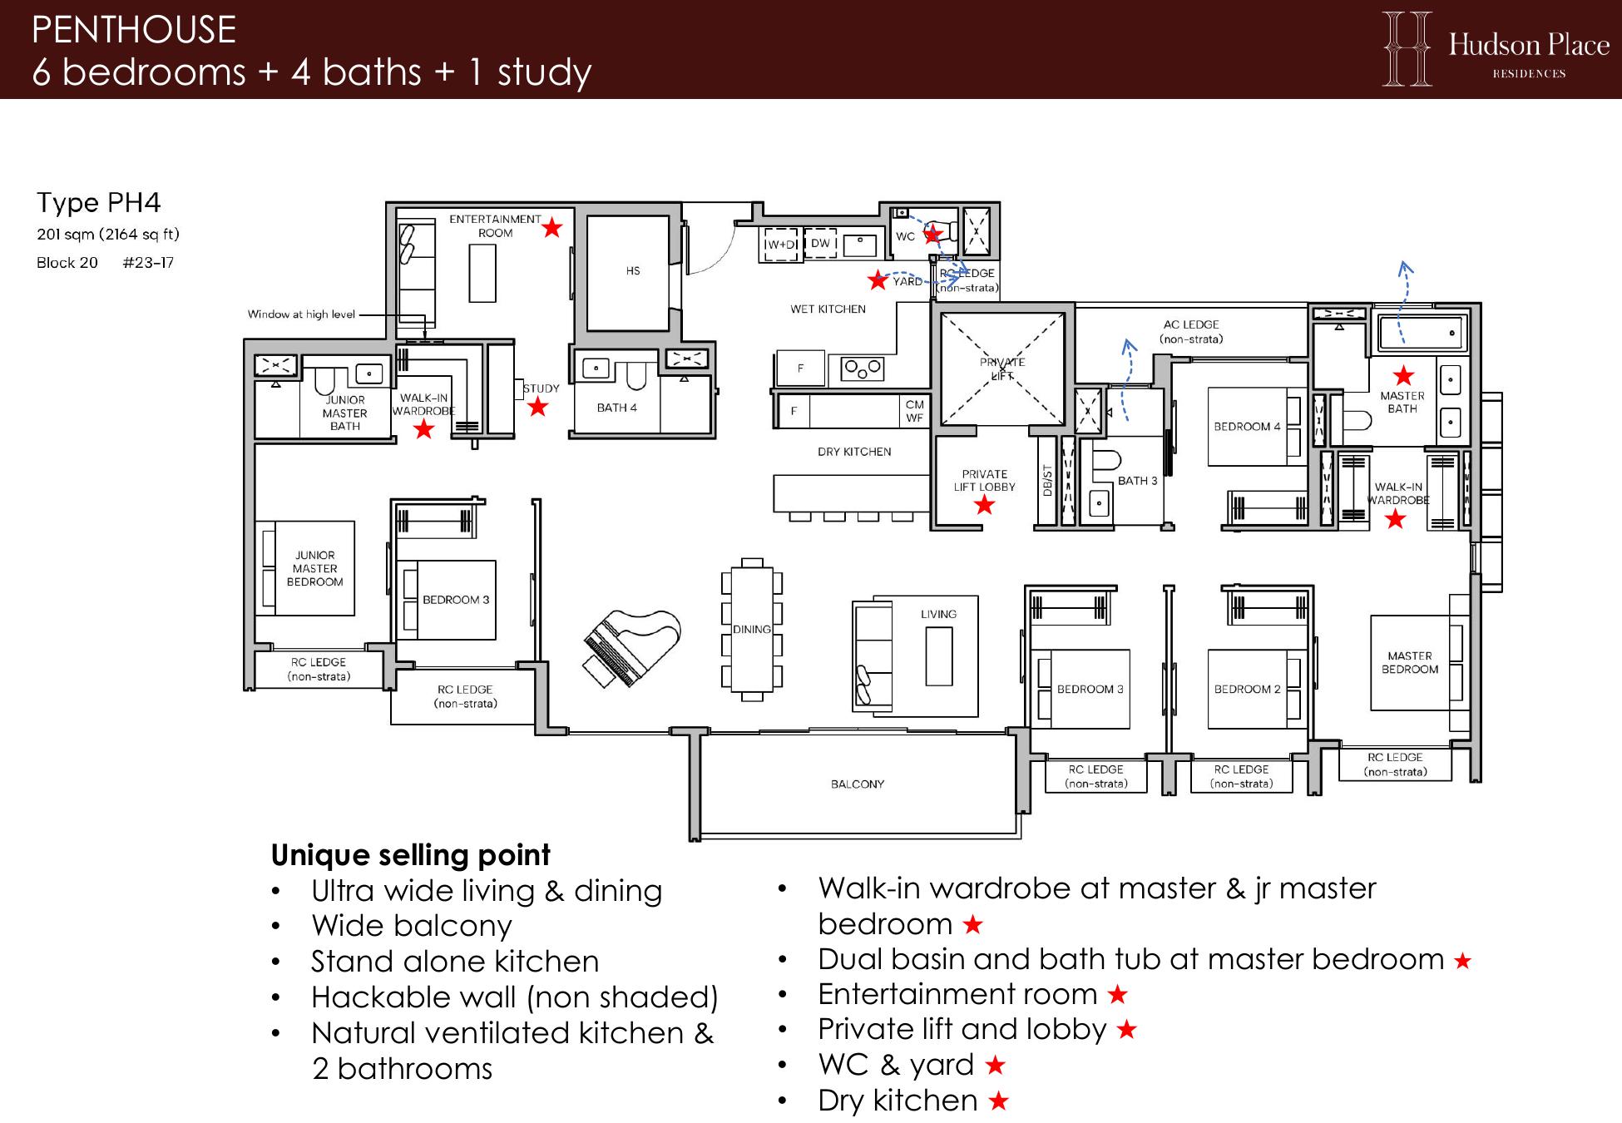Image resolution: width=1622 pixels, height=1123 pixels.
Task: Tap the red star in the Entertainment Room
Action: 552,227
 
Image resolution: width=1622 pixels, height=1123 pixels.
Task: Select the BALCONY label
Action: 858,784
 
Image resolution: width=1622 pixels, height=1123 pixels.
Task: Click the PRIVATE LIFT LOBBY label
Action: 985,480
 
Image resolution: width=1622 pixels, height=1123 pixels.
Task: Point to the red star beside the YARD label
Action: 878,280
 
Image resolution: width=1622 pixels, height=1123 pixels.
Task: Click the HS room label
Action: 633,271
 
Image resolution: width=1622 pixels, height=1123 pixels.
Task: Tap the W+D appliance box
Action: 781,245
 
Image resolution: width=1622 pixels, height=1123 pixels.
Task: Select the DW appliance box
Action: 820,243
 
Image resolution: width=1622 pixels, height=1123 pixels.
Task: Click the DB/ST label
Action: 1047,481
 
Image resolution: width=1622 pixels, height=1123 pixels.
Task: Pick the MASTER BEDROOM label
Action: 1410,662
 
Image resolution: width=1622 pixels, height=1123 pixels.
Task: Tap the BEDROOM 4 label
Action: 1247,427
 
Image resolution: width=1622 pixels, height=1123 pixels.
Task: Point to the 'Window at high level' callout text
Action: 301,314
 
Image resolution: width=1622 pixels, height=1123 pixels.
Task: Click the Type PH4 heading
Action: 98,202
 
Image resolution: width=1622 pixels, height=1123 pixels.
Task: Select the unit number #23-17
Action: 148,263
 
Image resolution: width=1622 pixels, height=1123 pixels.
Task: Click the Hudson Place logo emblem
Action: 1407,48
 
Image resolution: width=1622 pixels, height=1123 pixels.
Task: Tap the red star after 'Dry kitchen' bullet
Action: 999,1101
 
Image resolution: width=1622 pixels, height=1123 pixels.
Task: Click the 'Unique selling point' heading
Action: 411,855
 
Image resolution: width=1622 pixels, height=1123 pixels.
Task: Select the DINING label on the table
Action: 752,630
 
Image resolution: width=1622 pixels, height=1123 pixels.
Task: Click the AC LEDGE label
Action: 1191,332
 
